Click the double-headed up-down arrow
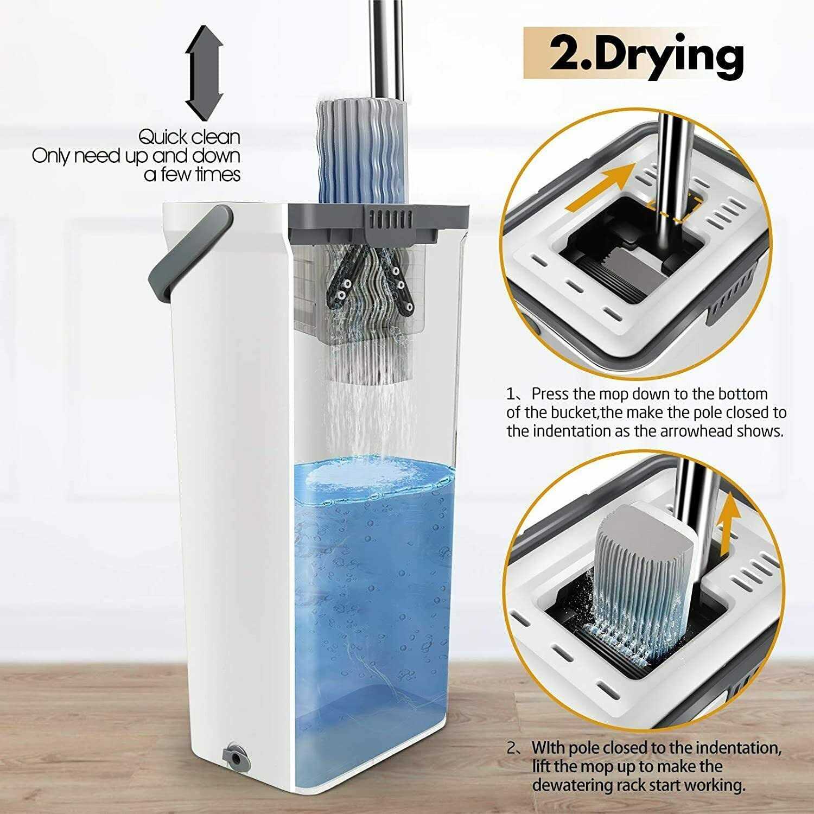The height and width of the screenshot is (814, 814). coord(204,74)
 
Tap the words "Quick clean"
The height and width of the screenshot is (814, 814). coord(189,137)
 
